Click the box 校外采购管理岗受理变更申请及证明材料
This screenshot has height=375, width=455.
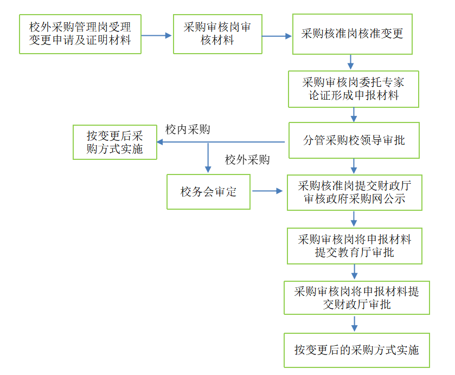[80, 34]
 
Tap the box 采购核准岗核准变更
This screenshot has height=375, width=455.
[353, 34]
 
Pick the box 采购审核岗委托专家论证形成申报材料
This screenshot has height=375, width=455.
[353, 89]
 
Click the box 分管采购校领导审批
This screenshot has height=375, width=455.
[354, 140]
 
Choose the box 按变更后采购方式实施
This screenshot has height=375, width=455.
[115, 143]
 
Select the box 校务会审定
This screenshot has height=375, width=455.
[208, 191]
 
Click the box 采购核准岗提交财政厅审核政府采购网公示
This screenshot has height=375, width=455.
[354, 192]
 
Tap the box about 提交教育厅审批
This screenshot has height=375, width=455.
[354, 245]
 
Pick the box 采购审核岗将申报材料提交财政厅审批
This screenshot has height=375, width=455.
[356, 298]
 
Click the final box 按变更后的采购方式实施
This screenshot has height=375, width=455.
[356, 351]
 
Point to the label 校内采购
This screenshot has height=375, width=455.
[188, 130]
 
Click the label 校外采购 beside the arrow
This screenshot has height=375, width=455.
[247, 160]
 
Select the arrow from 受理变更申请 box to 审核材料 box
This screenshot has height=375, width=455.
[157, 36]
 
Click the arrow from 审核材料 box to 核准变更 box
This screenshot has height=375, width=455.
[277, 36]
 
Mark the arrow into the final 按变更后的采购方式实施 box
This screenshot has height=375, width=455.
[355, 324]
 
